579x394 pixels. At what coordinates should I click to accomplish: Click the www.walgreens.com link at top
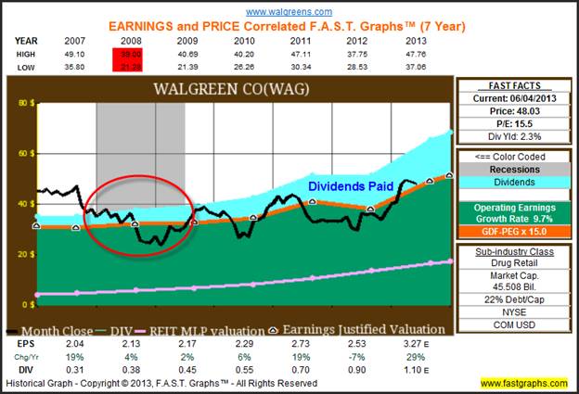coord(290,10)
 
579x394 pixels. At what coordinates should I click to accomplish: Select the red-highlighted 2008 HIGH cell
coord(126,54)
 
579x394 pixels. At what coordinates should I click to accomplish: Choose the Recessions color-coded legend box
coord(514,170)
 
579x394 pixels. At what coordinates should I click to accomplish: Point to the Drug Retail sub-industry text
coord(514,262)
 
